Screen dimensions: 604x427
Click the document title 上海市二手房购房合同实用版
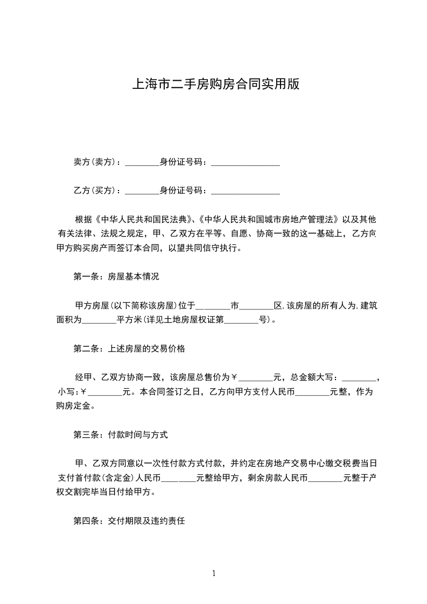tap(215, 85)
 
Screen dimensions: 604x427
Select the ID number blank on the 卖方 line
tap(246, 163)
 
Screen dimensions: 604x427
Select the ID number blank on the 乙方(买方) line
tap(246, 192)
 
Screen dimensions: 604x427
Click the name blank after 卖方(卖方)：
tap(142, 163)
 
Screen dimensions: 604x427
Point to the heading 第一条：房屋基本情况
tap(116, 277)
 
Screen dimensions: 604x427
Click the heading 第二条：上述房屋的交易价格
tap(129, 349)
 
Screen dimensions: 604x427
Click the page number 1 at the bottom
tap(214, 573)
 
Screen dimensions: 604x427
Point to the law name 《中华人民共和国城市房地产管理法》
tap(269, 220)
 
